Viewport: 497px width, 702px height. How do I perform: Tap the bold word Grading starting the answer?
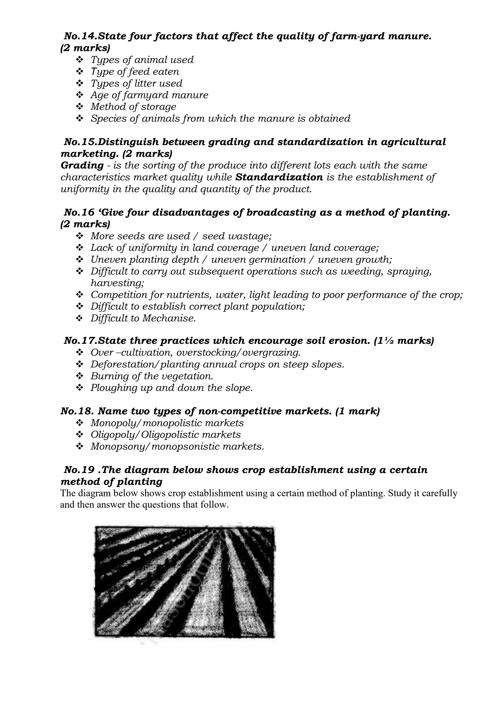(82, 165)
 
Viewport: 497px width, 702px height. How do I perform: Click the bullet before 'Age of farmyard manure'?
(80, 95)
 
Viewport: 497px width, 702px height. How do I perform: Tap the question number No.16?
(79, 213)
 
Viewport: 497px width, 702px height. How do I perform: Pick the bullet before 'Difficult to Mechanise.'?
(80, 318)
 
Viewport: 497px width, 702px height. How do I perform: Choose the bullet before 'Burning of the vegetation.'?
(80, 376)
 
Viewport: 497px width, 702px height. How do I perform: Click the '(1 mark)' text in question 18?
(357, 411)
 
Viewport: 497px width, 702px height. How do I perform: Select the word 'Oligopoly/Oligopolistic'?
(144, 435)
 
